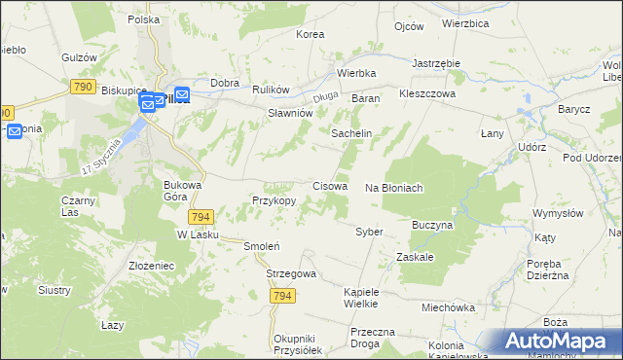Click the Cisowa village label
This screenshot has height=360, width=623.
point(330,185)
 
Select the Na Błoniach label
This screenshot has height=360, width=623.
point(393,188)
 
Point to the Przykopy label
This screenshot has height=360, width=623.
point(274,200)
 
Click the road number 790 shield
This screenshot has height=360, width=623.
point(83,88)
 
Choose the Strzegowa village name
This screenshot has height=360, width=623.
point(291,274)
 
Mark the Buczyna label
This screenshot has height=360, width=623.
point(433,225)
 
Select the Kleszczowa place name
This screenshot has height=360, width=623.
point(427,97)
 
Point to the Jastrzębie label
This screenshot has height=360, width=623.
point(435,62)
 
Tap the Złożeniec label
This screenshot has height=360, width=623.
point(151,265)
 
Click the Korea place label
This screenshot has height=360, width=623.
point(310,34)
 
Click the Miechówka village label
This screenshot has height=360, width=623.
point(447,306)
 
